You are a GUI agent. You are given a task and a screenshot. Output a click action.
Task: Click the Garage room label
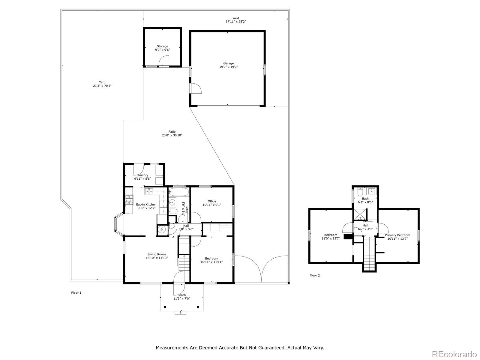coord(228,63)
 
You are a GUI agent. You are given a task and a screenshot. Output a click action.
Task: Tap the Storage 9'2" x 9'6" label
coord(163,48)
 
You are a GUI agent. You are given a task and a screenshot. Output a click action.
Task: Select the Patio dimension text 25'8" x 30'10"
coord(172,135)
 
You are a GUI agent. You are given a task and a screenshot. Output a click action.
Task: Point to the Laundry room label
coord(142,175)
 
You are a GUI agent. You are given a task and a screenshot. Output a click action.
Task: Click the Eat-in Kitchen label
coord(146,204)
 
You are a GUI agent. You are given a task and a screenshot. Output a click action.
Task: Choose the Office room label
coord(212,201)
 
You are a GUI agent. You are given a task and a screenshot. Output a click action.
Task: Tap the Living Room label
coord(157,254)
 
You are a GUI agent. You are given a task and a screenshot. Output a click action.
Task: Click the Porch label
coord(181,295)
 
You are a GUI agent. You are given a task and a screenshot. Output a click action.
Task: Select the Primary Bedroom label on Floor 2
coord(397,235)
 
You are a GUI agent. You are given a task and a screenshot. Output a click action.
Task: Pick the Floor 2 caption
coord(314,275)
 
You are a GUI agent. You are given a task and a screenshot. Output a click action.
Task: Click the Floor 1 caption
coord(76,293)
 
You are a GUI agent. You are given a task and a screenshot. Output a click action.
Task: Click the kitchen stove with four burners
coord(129,199)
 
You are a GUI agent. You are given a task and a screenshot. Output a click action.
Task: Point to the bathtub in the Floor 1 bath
coord(178,192)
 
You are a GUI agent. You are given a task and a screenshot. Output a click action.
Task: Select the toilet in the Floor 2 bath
coord(360,192)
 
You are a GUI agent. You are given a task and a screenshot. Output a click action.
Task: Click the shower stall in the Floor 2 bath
coord(360,214)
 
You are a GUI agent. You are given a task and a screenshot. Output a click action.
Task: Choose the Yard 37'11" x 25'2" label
coord(235,20)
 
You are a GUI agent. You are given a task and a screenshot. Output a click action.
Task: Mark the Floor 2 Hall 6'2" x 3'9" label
coord(365,227)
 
